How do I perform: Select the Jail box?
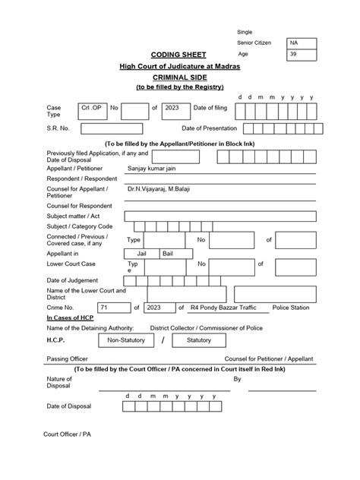click(x=141, y=253)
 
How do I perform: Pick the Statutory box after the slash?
click(x=198, y=340)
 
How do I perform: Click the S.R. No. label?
click(x=58, y=129)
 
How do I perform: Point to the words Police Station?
click(x=290, y=308)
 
